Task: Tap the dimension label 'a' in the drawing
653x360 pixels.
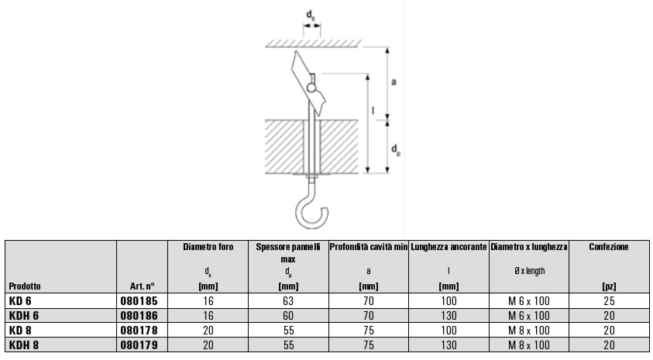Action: tap(394, 81)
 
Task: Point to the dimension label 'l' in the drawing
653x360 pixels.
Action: tap(373, 111)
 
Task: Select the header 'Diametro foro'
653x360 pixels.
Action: tap(208, 247)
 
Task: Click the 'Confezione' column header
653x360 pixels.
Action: tap(608, 247)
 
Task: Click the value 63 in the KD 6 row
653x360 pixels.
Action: tap(287, 300)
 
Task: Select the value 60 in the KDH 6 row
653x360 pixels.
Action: tap(287, 315)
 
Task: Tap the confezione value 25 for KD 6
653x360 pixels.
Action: tap(608, 300)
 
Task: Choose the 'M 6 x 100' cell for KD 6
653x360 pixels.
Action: tap(529, 300)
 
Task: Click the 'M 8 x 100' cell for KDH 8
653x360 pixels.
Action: tap(529, 345)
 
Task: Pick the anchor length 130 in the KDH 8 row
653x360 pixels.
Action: tap(449, 345)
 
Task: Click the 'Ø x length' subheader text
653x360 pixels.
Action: tap(529, 271)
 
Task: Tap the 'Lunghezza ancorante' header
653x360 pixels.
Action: tap(449, 247)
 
